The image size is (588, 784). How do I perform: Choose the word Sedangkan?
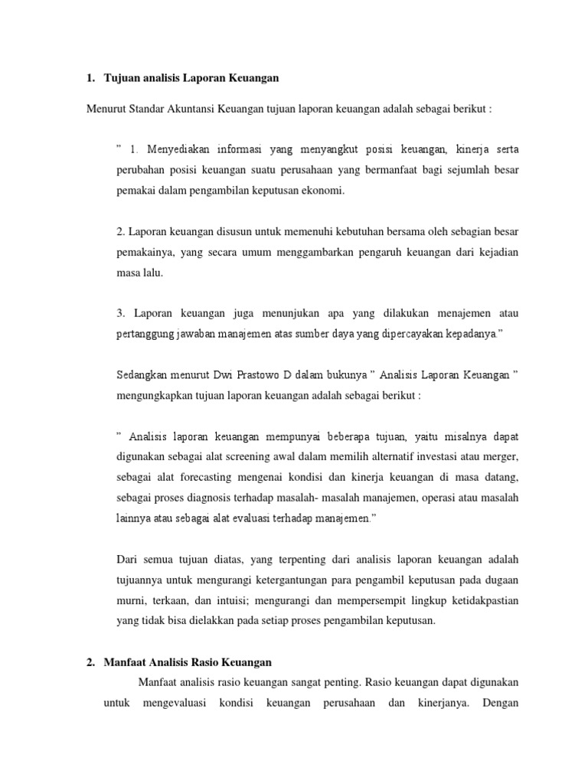(142, 376)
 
